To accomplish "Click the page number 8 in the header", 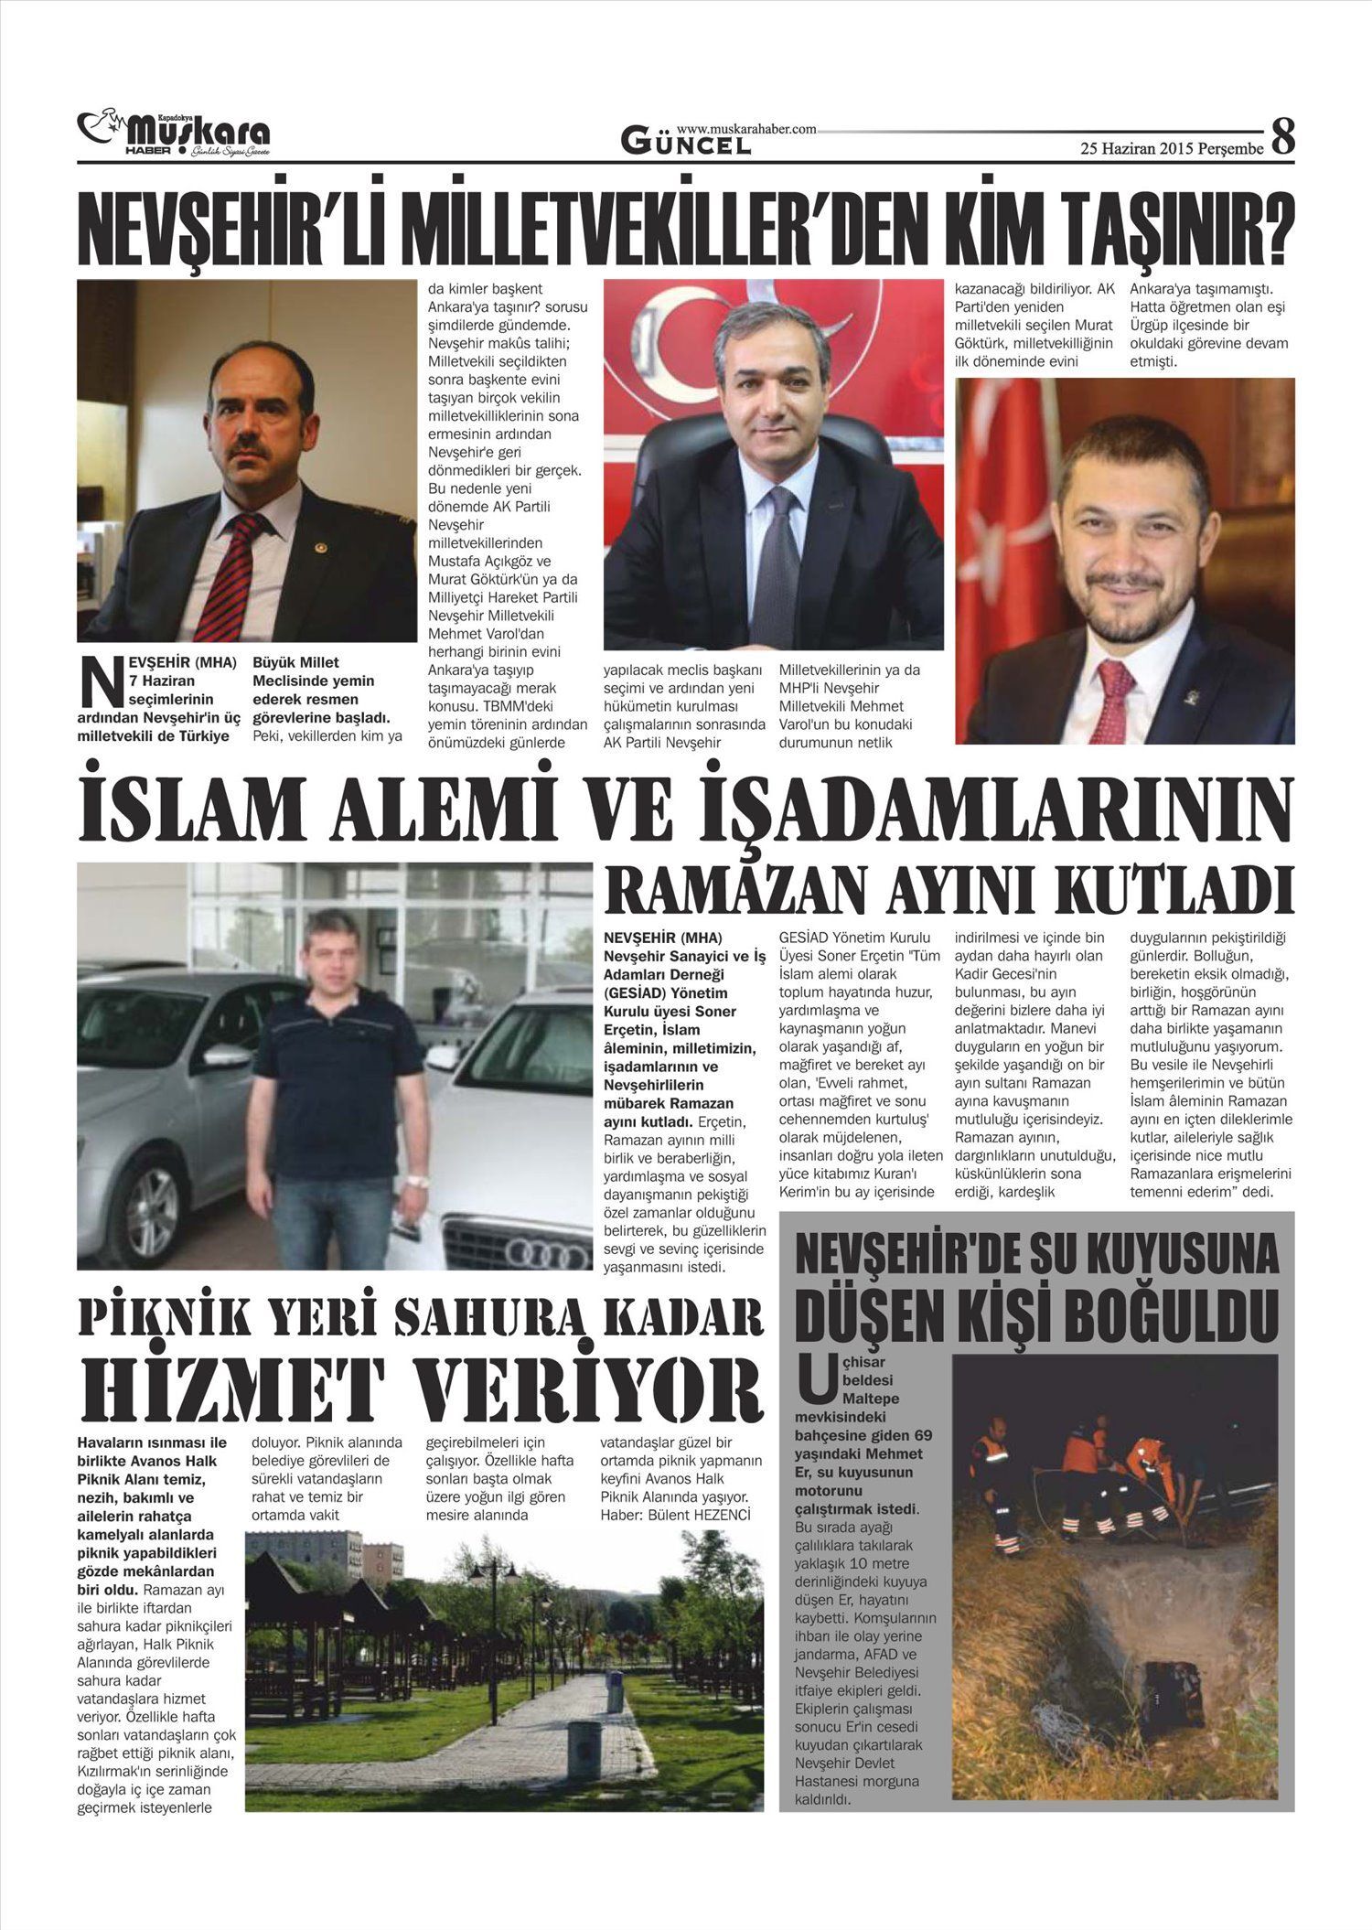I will pos(1283,138).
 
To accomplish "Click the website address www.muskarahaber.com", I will pos(746,130).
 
